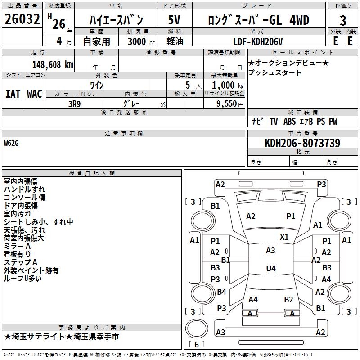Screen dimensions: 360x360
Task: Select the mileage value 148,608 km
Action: tap(53, 64)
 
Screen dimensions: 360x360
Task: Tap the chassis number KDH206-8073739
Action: tap(302, 143)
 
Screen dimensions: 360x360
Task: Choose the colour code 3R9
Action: tap(75, 103)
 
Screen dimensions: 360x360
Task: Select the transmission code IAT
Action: tap(13, 94)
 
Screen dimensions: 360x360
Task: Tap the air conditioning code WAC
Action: tap(35, 94)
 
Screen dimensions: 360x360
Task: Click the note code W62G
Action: tap(13, 143)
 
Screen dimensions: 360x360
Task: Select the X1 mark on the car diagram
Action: tap(284, 237)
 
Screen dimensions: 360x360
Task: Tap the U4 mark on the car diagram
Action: tap(270, 269)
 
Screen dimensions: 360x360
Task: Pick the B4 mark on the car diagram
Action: tap(221, 292)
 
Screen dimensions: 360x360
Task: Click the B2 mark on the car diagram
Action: tap(288, 299)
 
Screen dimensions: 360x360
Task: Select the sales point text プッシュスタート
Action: tap(275, 73)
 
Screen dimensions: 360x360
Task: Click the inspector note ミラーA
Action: tap(17, 247)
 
